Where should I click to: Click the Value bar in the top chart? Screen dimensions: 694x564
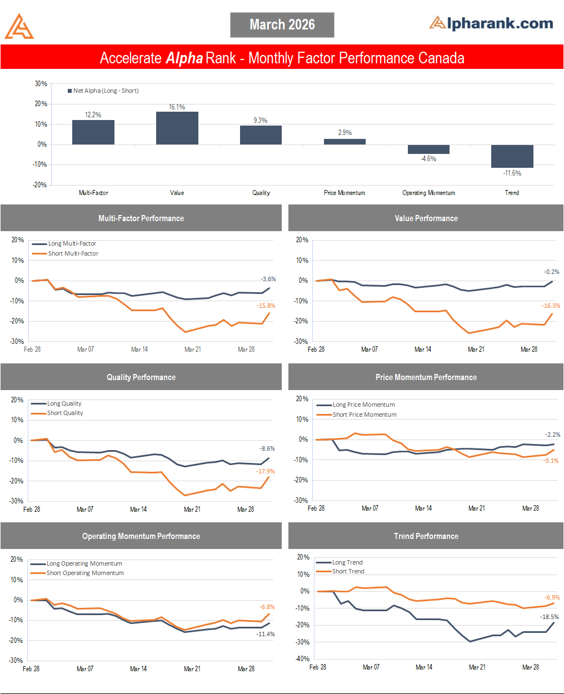[x=177, y=128]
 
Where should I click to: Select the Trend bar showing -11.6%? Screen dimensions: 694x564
[x=512, y=156]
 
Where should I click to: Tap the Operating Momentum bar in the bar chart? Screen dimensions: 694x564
[x=428, y=149]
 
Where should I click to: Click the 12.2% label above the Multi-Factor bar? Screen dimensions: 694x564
[x=93, y=115]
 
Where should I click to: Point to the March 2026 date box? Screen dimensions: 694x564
[x=282, y=25]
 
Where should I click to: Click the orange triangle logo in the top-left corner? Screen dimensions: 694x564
[x=19, y=27]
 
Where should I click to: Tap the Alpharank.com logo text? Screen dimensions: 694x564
[x=491, y=23]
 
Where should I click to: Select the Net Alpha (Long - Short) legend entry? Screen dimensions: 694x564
[x=103, y=91]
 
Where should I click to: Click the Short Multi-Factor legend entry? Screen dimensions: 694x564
[x=73, y=253]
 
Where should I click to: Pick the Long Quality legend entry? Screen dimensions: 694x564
[x=64, y=403]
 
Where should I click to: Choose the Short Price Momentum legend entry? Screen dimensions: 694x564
[x=364, y=415]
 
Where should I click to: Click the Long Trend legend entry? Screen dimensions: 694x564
[x=347, y=562]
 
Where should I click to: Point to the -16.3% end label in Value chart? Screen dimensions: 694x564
[x=551, y=306]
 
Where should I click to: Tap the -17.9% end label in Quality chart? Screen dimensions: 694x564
[x=265, y=471]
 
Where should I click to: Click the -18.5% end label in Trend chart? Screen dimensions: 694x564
[x=549, y=617]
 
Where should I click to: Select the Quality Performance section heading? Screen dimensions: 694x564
[x=141, y=377]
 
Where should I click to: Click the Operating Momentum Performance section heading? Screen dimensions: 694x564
[x=141, y=536]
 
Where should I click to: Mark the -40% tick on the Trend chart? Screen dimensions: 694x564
[x=303, y=658]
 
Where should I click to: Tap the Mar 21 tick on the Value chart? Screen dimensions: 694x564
[x=476, y=350]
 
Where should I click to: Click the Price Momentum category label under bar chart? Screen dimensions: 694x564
[x=345, y=193]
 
